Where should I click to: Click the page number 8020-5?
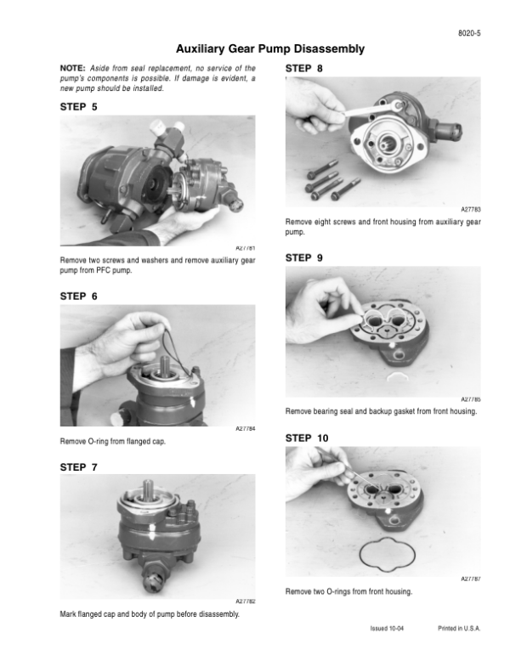(469, 33)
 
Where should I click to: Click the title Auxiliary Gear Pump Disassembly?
(270, 49)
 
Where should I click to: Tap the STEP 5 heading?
(78, 107)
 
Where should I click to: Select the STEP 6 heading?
(78, 297)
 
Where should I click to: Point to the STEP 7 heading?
(78, 467)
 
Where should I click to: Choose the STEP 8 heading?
(303, 68)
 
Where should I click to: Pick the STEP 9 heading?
(303, 257)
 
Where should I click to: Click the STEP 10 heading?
(307, 438)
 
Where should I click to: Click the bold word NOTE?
(72, 68)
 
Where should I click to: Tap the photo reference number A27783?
(471, 210)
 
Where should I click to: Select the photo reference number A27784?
(245, 429)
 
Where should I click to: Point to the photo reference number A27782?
(245, 602)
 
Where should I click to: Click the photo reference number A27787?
(471, 579)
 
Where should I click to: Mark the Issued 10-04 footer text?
(387, 629)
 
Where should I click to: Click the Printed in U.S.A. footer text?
(459, 629)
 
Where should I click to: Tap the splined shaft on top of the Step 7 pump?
(149, 490)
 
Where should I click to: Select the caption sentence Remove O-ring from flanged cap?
(113, 441)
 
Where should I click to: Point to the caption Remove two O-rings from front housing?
(348, 592)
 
